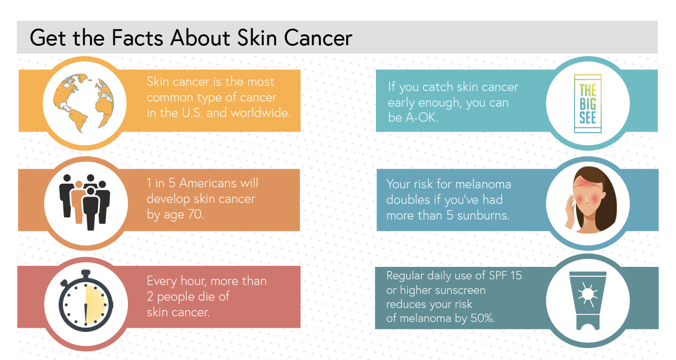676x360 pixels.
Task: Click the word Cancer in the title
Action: point(318,38)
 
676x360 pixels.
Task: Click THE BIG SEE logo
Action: point(587,104)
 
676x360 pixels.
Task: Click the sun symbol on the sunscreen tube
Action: point(588,294)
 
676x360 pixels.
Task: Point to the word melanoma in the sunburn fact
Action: point(482,184)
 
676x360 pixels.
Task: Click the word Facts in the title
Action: point(137,38)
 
